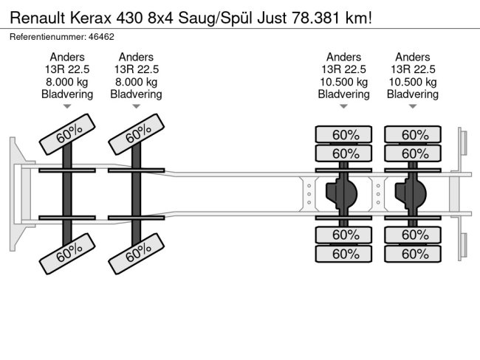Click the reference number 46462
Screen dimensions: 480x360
pyautogui.click(x=101, y=37)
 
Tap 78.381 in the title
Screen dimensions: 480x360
pyautogui.click(x=316, y=18)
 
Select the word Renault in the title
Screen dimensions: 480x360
pyautogui.click(x=38, y=18)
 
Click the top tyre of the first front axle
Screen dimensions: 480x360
pyautogui.click(x=67, y=134)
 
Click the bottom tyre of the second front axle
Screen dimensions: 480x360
pyautogui.click(x=137, y=254)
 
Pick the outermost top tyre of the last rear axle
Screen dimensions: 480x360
pyautogui.click(x=413, y=134)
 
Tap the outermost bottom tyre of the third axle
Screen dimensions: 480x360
pyautogui.click(x=343, y=254)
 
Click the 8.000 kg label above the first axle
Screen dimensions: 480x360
pyautogui.click(x=67, y=82)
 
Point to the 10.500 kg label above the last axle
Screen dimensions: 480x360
pyautogui.click(x=413, y=82)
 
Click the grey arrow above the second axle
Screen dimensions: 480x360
pyautogui.click(x=136, y=106)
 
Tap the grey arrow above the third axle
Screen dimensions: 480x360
pyautogui.click(x=343, y=106)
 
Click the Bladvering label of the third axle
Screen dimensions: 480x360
pyautogui.click(x=344, y=94)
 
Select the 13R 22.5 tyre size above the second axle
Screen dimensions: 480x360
pyautogui.click(x=137, y=69)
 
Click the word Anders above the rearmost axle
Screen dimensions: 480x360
pyautogui.click(x=413, y=57)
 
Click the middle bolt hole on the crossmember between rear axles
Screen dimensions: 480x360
pyautogui.click(x=378, y=194)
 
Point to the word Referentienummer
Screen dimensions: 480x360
pyautogui.click(x=48, y=37)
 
